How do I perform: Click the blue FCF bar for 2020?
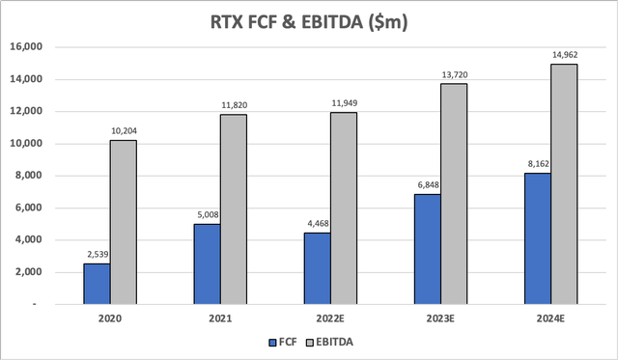pyautogui.click(x=96, y=284)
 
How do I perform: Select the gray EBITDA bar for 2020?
pyautogui.click(x=123, y=222)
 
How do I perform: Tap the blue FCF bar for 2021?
pyautogui.click(x=207, y=263)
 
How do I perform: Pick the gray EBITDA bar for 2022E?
pyautogui.click(x=344, y=208)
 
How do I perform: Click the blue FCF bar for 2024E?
pyautogui.click(x=537, y=238)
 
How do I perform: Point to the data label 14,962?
pyautogui.click(x=564, y=55)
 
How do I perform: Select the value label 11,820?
pyautogui.click(x=233, y=105)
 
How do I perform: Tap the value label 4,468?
pyautogui.click(x=316, y=224)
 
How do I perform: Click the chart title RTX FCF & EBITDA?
pyautogui.click(x=308, y=21)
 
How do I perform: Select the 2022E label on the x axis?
pyautogui.click(x=330, y=318)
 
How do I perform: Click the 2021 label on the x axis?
pyautogui.click(x=220, y=318)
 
